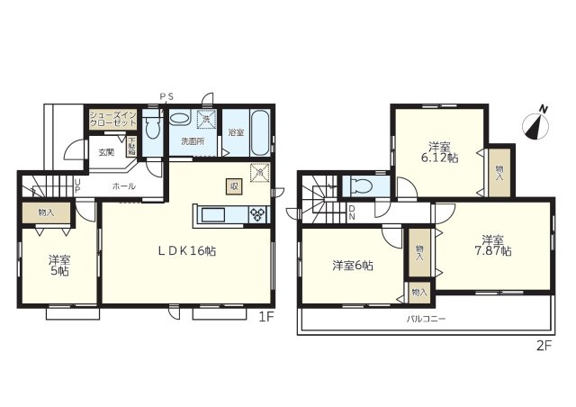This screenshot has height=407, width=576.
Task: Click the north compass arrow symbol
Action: coord(540,123)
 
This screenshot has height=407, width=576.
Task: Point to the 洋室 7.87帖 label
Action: coord(494,245)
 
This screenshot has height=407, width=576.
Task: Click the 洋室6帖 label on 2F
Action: coord(353,265)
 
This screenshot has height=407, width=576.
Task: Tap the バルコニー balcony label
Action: coord(425,319)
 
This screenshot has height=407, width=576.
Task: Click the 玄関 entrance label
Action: coord(106,152)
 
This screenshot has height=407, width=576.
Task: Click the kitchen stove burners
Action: coord(258,214)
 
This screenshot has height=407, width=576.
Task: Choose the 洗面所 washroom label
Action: coord(193,141)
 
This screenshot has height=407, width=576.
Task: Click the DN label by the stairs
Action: coord(351,213)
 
